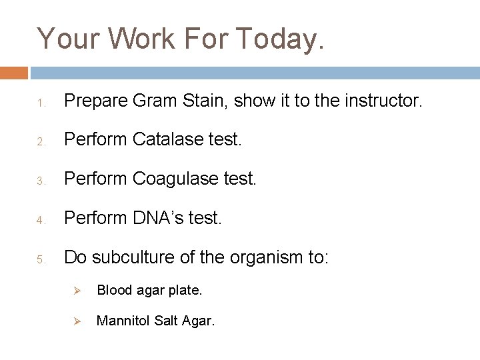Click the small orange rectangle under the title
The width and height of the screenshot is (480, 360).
point(14,73)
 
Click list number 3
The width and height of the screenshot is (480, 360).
point(40,181)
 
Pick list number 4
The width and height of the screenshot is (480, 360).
point(40,219)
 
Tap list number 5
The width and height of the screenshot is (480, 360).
point(40,258)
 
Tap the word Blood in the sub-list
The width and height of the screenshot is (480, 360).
point(113,290)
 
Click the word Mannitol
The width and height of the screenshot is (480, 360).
point(123,321)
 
